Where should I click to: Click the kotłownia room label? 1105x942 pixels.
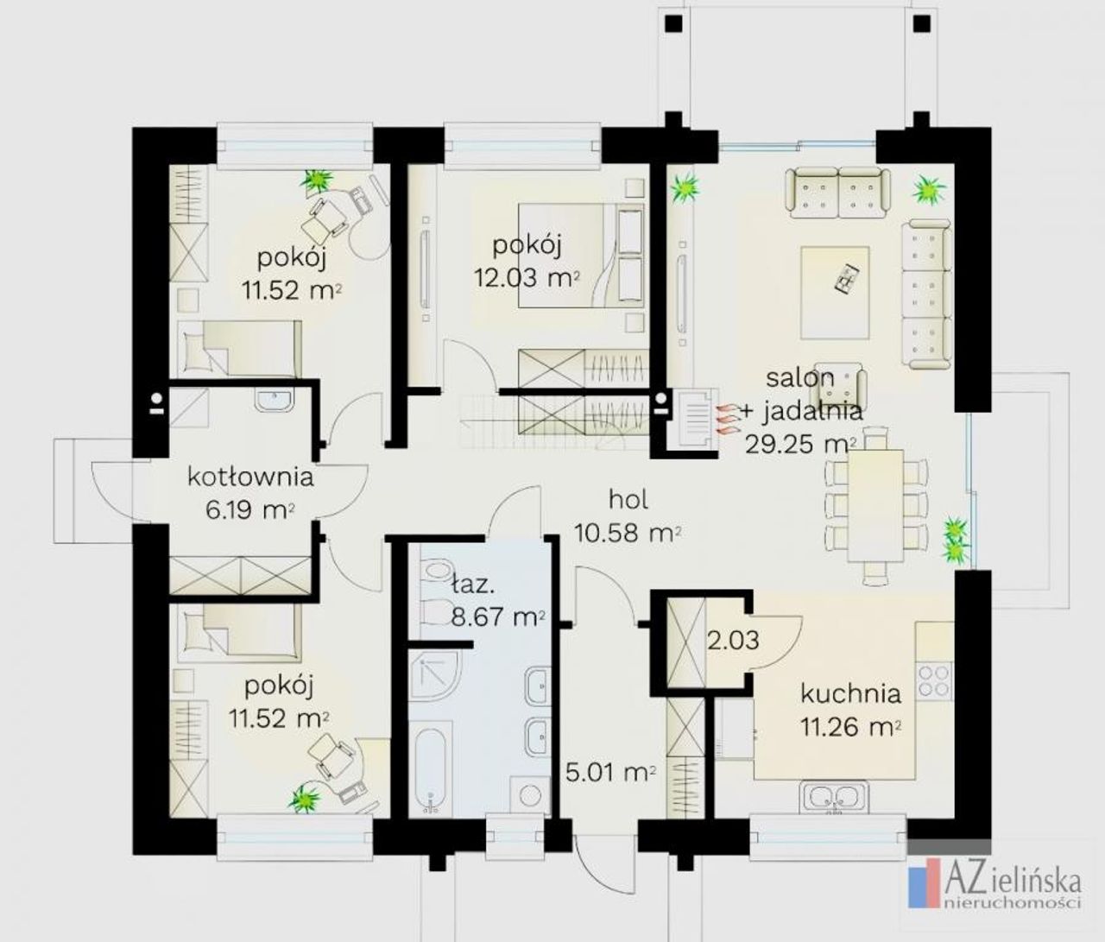point(250,477)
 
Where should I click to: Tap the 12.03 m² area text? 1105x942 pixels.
point(527,277)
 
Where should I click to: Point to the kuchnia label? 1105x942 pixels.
point(851,694)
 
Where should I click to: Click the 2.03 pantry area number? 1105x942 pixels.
point(733,640)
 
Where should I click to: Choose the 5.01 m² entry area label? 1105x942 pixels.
point(610,773)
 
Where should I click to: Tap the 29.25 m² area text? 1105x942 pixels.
point(800,445)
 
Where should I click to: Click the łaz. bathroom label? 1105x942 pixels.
point(471,585)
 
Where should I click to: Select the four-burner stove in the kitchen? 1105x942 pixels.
point(934,680)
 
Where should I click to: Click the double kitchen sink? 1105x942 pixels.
point(834,797)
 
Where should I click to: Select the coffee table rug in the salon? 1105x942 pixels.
point(835,293)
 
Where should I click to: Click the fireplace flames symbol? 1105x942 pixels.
point(727,419)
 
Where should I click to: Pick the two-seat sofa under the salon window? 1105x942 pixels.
point(837,193)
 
